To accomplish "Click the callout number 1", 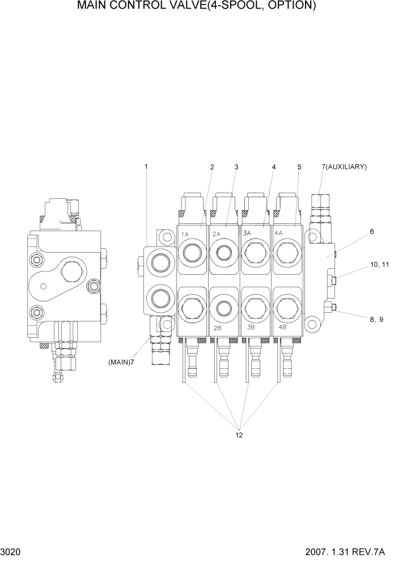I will tap(146, 167).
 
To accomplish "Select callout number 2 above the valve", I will tap(212, 167).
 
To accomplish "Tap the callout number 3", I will tap(236, 167).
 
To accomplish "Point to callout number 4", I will tap(274, 167).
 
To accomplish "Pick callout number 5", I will tap(299, 167).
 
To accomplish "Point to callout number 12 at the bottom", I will tap(239, 435).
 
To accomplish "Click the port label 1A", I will tap(185, 234).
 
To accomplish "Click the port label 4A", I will tap(279, 233).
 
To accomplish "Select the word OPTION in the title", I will tap(287, 7).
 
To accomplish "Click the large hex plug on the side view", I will tap(71, 274).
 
